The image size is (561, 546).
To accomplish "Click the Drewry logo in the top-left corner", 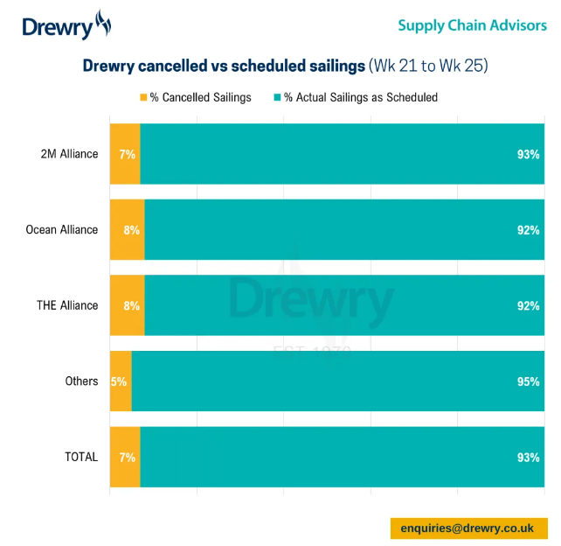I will pyautogui.click(x=66, y=25).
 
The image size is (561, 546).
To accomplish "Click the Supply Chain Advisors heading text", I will pyautogui.click(x=472, y=25).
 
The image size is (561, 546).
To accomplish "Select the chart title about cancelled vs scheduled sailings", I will pyautogui.click(x=284, y=66).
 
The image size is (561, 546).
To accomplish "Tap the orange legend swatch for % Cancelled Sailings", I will pyautogui.click(x=143, y=97).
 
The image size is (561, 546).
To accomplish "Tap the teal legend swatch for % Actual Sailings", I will pyautogui.click(x=277, y=97).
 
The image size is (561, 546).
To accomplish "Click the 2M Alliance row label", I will pyautogui.click(x=69, y=154).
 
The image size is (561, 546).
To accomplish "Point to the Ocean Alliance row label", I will pyautogui.click(x=62, y=230).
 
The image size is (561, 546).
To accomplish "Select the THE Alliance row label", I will pyautogui.click(x=67, y=305).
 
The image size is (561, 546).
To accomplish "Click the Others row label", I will pyautogui.click(x=81, y=381).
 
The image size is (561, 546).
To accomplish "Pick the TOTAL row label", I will pyautogui.click(x=80, y=457).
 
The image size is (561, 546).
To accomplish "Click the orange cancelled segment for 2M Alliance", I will pyautogui.click(x=125, y=154).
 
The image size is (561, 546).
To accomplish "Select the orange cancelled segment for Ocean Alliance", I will pyautogui.click(x=127, y=230).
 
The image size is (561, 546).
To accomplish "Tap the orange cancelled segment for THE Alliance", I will pyautogui.click(x=127, y=305).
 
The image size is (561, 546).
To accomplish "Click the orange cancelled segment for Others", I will pyautogui.click(x=121, y=381).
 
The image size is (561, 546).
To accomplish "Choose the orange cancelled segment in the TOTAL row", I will pyautogui.click(x=125, y=457).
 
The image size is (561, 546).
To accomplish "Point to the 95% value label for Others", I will pyautogui.click(x=528, y=381).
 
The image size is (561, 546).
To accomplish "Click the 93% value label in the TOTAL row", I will pyautogui.click(x=528, y=457).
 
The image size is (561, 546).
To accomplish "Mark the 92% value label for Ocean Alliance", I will pyautogui.click(x=528, y=230).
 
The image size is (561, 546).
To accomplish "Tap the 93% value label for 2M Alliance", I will pyautogui.click(x=528, y=154).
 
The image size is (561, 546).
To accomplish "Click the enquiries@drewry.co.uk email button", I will pyautogui.click(x=467, y=528).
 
